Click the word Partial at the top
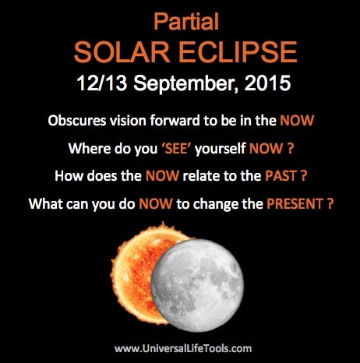coord(186,22)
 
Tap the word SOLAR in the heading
coord(122,52)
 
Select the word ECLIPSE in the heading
coord(238,52)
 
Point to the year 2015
coord(267,83)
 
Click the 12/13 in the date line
coord(102,83)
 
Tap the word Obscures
coord(77,121)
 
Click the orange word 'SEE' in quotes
coord(176,149)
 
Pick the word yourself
coord(221,149)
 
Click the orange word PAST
coord(281,176)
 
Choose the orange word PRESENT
coord(295,204)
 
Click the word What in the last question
coord(45,203)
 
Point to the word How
coord(69,176)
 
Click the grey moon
coord(197,285)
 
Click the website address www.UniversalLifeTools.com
coord(183,348)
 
